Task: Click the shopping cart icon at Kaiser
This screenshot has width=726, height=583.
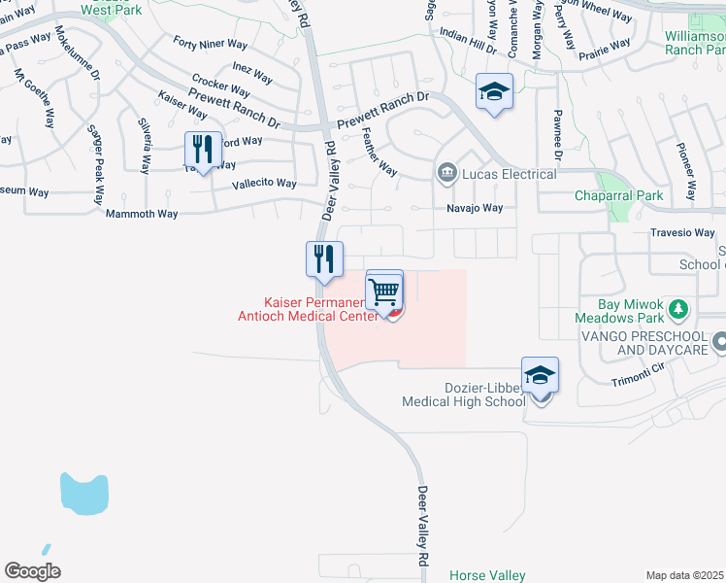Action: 385,291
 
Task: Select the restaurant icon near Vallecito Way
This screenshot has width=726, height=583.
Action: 203,150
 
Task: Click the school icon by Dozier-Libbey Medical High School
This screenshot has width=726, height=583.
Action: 541,374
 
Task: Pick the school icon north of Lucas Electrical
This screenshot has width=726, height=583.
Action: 494,93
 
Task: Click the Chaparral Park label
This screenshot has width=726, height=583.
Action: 617,196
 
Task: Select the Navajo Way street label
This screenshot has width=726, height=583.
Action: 475,208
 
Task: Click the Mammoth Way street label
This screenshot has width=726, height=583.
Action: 142,213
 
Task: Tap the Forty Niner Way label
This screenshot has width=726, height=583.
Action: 211,43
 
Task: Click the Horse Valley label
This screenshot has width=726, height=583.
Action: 487,576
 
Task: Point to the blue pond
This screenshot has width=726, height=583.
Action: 82,494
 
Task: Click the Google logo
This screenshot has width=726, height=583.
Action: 32,571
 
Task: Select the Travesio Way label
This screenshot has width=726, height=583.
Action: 683,233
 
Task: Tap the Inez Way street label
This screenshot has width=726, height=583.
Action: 252,71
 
